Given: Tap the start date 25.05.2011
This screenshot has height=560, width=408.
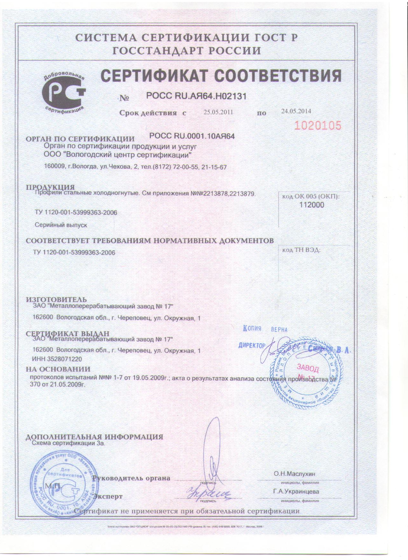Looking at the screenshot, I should tap(218, 112).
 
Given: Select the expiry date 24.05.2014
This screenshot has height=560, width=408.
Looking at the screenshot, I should tap(296, 111).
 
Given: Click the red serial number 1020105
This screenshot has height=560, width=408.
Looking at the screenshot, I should tap(318, 126).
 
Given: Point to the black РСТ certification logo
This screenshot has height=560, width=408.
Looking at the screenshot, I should tap(64, 92).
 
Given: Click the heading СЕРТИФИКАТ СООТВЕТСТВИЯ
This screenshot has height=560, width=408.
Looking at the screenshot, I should tap(221, 76).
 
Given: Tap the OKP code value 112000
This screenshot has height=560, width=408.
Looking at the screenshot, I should tap(311, 205).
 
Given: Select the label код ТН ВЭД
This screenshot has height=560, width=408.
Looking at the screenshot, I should tap(301, 250).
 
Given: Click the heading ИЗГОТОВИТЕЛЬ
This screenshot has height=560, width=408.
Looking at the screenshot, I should tap(56, 300).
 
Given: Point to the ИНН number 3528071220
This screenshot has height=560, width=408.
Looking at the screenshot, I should tap(57, 359).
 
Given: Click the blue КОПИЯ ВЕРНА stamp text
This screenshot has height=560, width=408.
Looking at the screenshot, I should tap(265, 329).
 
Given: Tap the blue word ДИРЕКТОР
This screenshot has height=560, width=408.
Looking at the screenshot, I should tap(252, 346).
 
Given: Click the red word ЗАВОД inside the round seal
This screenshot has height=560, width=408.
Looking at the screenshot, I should tap(308, 368).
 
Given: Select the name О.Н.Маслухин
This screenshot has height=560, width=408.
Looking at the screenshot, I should tap(294, 474).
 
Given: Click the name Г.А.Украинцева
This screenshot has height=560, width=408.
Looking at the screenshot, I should tap(296, 492).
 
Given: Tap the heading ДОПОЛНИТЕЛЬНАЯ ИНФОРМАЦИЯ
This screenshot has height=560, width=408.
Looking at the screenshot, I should tap(94, 437).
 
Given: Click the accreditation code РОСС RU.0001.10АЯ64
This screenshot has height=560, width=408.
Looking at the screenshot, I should tap(192, 136).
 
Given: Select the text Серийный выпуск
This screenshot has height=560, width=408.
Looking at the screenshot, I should tap(61, 225).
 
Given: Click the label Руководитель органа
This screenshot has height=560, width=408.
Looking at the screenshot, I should tap(131, 478).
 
